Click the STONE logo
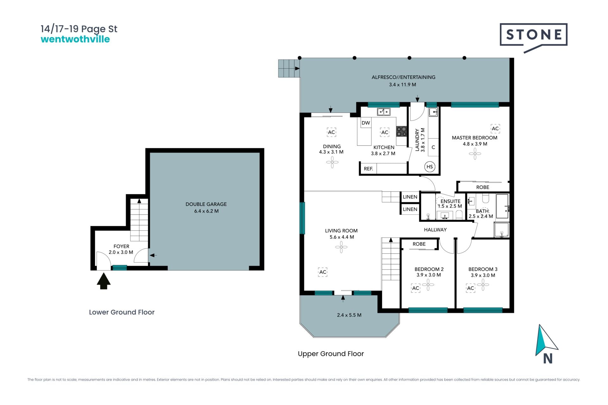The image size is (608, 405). (534, 36)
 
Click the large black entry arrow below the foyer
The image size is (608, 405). (104, 281)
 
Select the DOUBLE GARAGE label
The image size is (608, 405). (206, 204)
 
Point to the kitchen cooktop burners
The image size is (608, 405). (402, 131)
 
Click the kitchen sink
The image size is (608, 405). (383, 111)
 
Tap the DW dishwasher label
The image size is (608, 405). (366, 123)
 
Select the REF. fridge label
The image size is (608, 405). (368, 169)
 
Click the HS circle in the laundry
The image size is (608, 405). (430, 167)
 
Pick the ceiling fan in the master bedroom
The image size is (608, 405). (475, 154)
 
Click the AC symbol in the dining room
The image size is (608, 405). (331, 132)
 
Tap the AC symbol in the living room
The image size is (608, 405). (323, 272)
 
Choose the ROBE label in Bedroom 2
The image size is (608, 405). (419, 244)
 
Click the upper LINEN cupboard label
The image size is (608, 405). (410, 197)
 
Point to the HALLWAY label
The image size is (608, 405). (435, 230)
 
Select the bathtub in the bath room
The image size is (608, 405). (502, 206)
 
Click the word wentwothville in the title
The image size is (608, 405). (75, 39)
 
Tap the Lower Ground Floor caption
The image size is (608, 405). (122, 312)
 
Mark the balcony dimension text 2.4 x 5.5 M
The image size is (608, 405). (349, 315)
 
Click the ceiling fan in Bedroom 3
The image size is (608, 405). (483, 285)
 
